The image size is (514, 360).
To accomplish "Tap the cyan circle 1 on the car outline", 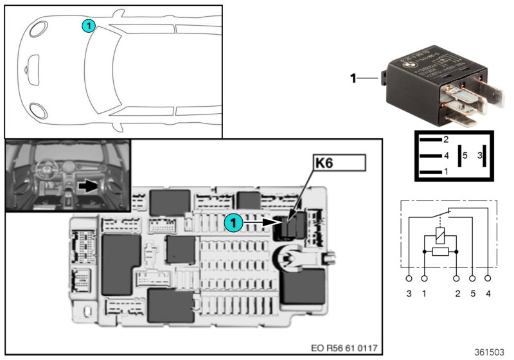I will [x=89, y=25].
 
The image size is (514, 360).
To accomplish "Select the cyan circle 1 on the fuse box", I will [x=233, y=222].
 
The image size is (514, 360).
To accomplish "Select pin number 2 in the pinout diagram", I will [x=445, y=139].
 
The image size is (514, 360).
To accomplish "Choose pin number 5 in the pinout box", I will [x=466, y=155].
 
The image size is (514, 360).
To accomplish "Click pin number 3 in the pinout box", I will [x=479, y=155].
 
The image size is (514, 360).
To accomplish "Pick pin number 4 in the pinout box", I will [x=445, y=156].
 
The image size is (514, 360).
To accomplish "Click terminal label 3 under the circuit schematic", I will [x=409, y=293].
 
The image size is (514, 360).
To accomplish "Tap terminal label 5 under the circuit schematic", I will [x=473, y=293].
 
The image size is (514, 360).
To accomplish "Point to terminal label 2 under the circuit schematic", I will [x=457, y=293].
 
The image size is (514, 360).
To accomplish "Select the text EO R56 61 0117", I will [x=343, y=348].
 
